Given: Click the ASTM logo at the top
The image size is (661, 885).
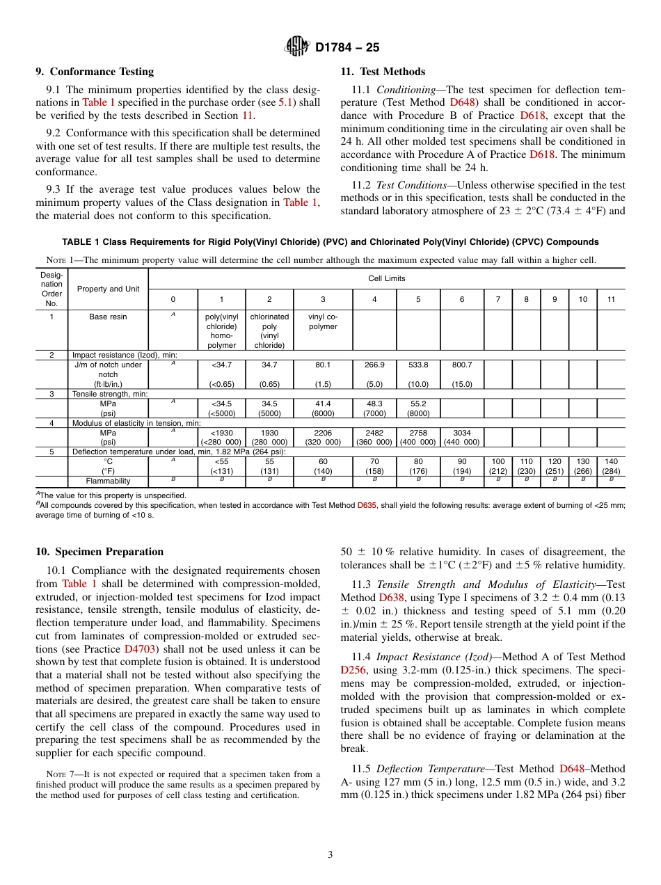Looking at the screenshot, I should [x=296, y=47].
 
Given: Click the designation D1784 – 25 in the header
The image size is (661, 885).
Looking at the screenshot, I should [x=347, y=48].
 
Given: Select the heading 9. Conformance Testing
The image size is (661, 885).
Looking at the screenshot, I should [x=95, y=72].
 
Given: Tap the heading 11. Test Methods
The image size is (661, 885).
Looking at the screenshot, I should [x=383, y=72].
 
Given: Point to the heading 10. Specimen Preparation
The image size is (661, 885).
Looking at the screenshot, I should [x=99, y=552].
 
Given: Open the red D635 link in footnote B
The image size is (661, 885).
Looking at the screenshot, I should [x=366, y=505].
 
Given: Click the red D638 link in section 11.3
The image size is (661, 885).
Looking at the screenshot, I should [x=390, y=598].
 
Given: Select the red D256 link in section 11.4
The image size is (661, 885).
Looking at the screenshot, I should [x=352, y=670].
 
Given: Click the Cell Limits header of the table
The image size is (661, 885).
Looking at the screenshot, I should [x=387, y=278].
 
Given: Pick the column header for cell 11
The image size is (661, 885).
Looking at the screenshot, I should [x=611, y=299].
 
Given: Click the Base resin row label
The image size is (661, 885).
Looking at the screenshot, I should [x=108, y=317].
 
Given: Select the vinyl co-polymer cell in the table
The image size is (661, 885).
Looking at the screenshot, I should [x=322, y=321].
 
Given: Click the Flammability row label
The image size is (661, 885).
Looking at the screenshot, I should [x=108, y=481].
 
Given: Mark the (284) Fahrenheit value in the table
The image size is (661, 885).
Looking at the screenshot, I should [x=611, y=471].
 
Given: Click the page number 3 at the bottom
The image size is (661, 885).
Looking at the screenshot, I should [x=330, y=854].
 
